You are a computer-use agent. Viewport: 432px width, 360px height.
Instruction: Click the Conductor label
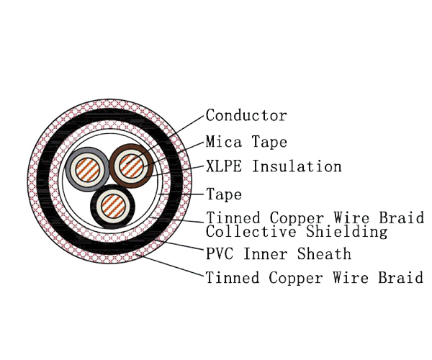click(x=246, y=115)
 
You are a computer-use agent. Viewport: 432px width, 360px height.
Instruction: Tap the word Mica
click(x=222, y=141)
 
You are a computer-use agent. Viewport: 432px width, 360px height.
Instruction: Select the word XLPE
click(x=222, y=167)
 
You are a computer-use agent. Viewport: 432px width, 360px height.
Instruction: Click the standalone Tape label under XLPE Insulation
click(x=223, y=194)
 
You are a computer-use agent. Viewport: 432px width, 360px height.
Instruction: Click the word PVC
click(x=219, y=253)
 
